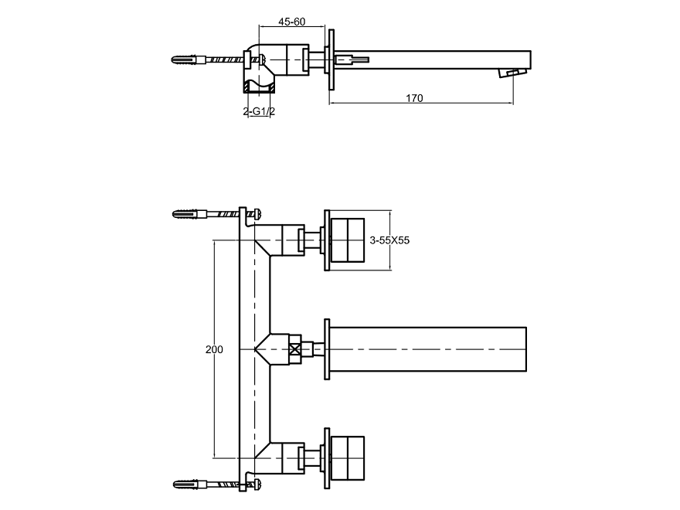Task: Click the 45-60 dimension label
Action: [291, 22]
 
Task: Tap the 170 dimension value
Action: [414, 98]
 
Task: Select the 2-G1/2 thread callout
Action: [259, 111]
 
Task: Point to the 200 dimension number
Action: [214, 349]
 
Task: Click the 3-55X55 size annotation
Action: [389, 240]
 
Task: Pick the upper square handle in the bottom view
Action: [348, 240]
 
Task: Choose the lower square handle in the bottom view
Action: [348, 458]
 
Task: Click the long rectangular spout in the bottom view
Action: [428, 349]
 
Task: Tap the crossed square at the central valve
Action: [295, 349]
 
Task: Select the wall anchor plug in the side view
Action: [185, 59]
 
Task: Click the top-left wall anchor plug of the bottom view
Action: [185, 214]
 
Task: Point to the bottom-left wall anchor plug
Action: [185, 484]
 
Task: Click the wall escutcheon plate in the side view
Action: [331, 59]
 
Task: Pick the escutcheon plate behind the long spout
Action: [328, 349]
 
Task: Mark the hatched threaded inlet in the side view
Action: [259, 87]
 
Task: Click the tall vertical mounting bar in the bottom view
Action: [243, 349]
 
